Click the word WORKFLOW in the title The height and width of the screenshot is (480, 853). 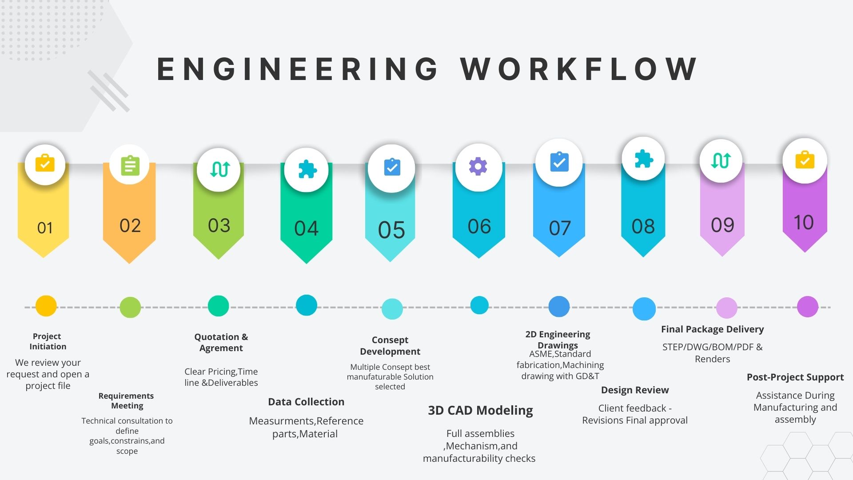coord(579,69)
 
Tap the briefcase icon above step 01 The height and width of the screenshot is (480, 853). coord(45,163)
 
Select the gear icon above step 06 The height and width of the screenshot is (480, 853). coord(478,166)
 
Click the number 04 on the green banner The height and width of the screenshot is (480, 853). coord(306,228)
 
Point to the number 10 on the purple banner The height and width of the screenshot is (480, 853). coord(804,222)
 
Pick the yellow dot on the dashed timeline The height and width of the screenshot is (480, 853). coord(46,306)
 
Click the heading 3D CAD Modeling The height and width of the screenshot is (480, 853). coord(480,410)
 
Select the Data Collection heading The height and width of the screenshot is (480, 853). coord(306,402)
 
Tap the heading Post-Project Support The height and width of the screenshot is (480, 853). coord(795,377)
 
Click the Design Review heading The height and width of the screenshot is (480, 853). coord(634,390)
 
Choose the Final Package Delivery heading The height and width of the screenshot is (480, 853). coord(712,329)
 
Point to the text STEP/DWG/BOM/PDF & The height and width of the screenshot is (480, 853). coord(712,347)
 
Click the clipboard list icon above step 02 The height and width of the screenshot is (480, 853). coord(130,165)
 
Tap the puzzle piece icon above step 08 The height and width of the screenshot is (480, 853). coord(643,159)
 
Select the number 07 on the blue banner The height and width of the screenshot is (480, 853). coord(559,228)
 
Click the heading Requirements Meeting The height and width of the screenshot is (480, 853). coord(127,400)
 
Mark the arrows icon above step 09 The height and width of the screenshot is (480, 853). coord(721,160)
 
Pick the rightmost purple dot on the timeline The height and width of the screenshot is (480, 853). coord(807,307)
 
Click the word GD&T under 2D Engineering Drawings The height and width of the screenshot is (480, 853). coord(587,376)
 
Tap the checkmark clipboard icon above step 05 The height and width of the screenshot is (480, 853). coord(391,167)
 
